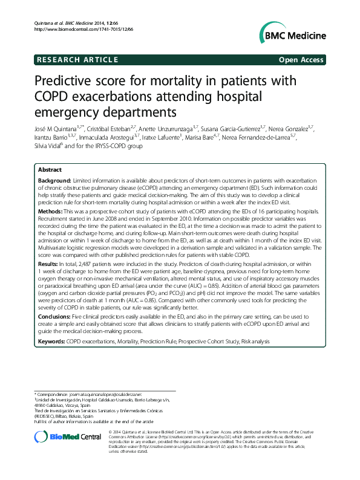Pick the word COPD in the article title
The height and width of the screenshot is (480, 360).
tap(52, 97)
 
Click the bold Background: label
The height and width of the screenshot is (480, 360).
tap(54, 181)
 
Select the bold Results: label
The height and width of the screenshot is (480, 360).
tap(49, 264)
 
